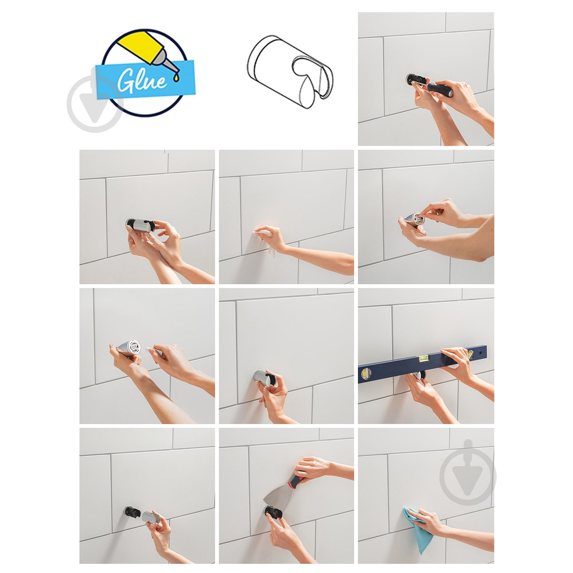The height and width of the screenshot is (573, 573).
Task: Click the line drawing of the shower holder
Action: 290,72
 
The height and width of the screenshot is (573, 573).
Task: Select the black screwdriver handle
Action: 440,89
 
